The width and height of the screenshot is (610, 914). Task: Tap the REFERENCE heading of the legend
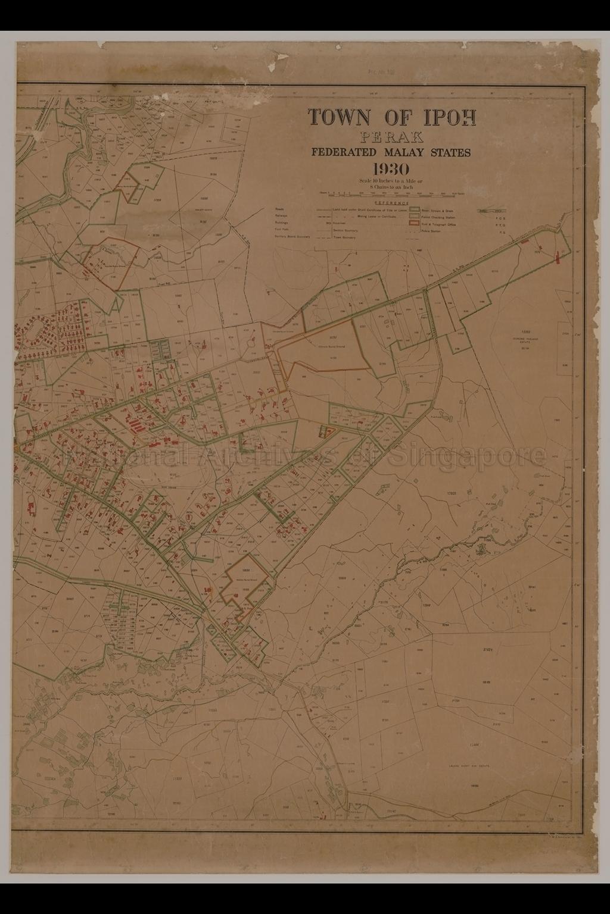pos(391,203)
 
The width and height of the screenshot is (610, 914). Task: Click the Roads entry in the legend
pos(279,209)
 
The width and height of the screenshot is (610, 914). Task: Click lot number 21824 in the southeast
pos(488,650)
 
